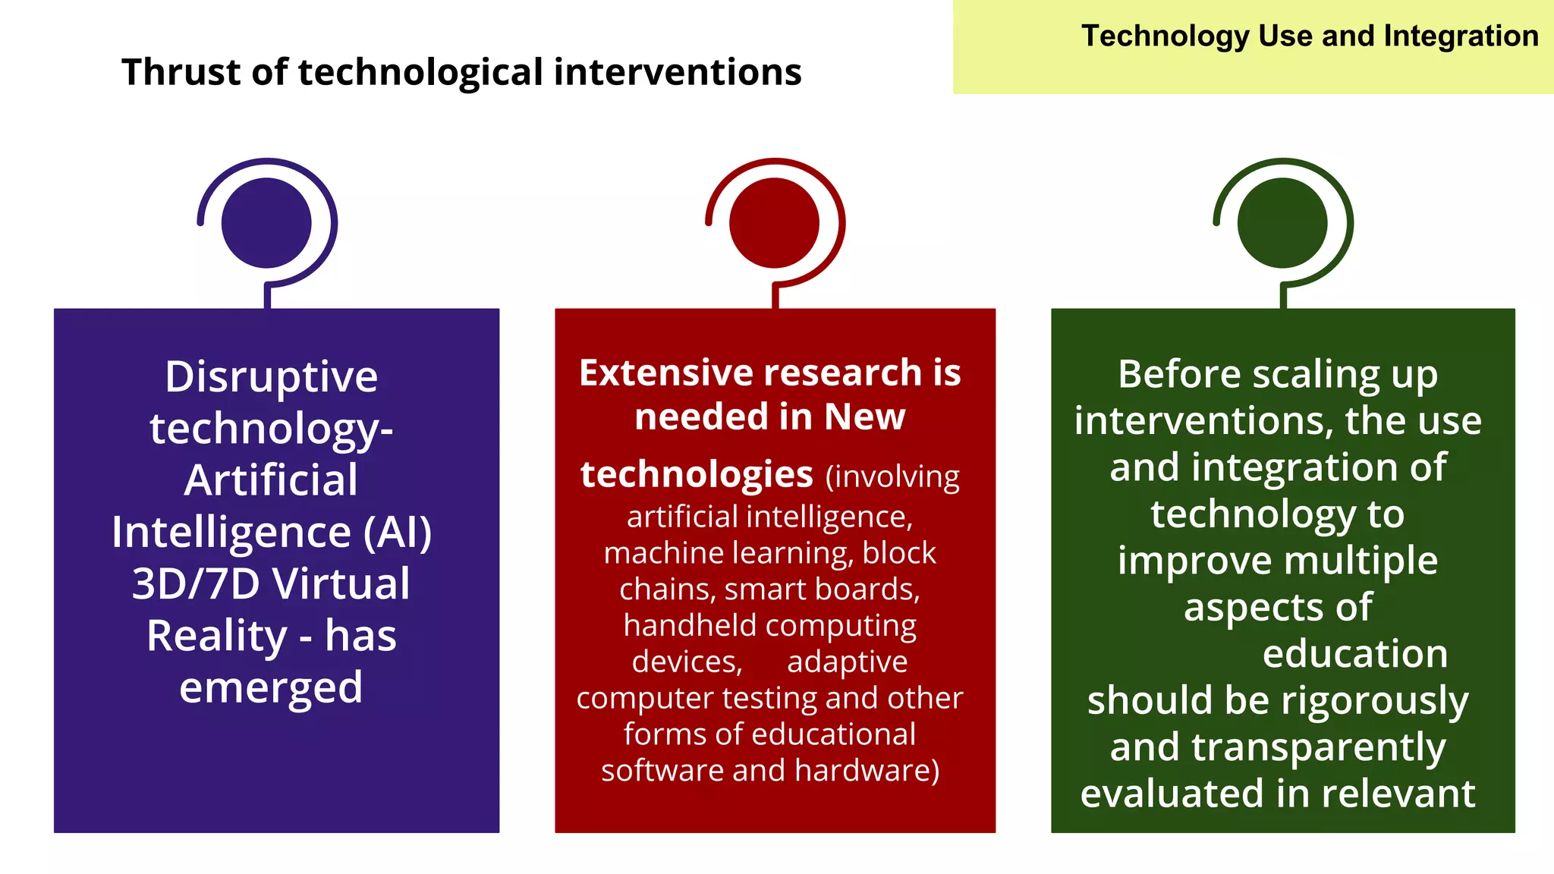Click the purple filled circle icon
pos(266,223)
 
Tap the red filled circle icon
pos(774,223)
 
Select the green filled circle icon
pos(1282,223)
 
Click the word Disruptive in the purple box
pos(271,377)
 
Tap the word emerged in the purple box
pos(271,688)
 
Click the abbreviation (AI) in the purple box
pos(397,533)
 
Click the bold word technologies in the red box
pos(697,475)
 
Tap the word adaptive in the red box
pos(847,662)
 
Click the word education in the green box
pos(1355,654)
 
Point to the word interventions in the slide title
pos(678,73)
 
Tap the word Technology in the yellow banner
pos(1165,36)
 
